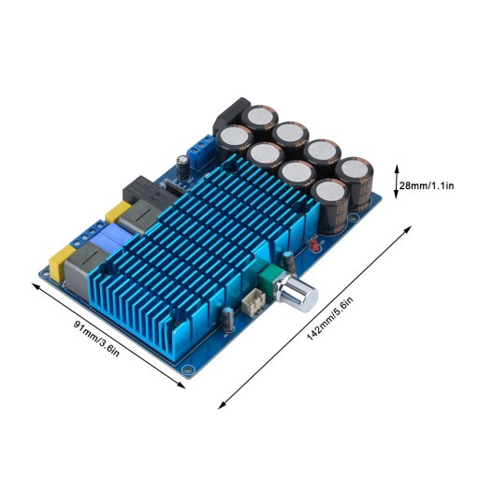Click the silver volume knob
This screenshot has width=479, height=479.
click(x=299, y=294)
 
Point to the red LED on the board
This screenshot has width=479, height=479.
click(x=314, y=245)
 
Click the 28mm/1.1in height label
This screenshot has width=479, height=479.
click(x=427, y=186)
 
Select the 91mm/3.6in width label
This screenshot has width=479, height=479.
click(x=96, y=338)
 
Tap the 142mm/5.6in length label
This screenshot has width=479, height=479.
click(x=330, y=318)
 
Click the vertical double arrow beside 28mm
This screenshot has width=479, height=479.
click(x=397, y=181)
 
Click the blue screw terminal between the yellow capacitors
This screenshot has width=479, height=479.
click(x=87, y=235)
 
